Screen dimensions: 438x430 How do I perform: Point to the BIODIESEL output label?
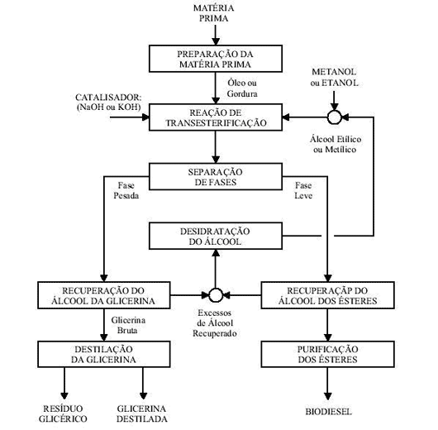point(328,412)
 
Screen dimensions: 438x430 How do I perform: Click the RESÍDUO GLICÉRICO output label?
point(63,413)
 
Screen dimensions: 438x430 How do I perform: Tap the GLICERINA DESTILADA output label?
point(142,413)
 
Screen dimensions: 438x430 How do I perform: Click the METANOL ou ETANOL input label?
point(334,78)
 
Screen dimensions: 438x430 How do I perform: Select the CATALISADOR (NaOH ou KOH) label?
point(108,102)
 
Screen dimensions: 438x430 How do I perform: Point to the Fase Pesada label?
point(126,190)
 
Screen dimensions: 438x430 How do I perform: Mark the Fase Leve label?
point(303,190)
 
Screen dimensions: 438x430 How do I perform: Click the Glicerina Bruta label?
point(128,325)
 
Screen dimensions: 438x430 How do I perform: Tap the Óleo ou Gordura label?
point(242,88)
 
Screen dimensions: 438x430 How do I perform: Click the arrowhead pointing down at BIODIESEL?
point(327,396)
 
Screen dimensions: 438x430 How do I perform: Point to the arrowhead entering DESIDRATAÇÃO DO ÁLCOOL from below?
point(216,254)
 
